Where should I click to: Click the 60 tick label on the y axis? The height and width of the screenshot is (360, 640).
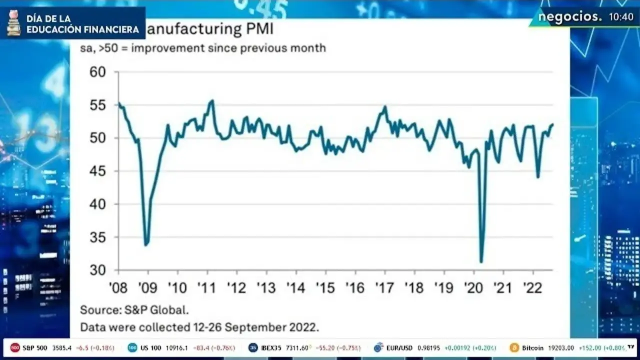98,72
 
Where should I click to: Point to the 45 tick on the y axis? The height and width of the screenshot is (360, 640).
98,171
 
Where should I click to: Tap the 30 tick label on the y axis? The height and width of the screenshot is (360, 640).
98,270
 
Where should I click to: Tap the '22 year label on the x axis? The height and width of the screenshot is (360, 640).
532,288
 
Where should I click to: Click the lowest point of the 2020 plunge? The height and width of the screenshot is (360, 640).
481,261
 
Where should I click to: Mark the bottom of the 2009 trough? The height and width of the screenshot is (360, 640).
145,245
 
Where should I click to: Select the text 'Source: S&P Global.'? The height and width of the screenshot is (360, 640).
134,310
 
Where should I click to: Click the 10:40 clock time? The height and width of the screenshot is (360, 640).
621,17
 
